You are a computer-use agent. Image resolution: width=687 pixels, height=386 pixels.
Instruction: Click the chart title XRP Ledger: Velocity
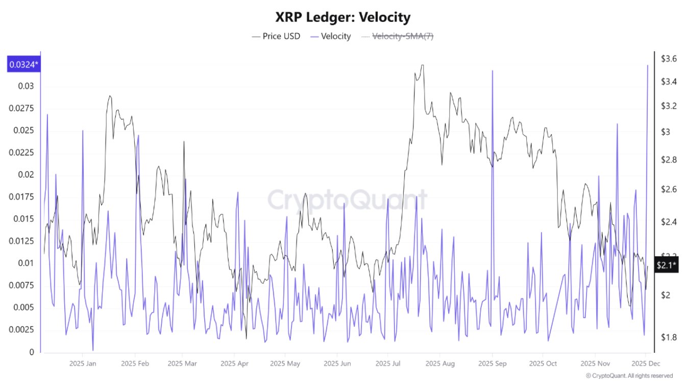click(x=343, y=17)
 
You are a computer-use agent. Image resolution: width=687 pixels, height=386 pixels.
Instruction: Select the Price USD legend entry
click(x=276, y=36)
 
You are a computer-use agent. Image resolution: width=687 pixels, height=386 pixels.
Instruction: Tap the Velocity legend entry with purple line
click(x=331, y=36)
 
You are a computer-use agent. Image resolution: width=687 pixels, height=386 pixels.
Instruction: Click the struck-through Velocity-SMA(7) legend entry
click(x=398, y=36)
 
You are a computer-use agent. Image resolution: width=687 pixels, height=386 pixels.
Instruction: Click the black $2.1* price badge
click(x=666, y=264)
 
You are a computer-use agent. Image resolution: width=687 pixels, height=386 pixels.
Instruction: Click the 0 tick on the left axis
click(x=32, y=352)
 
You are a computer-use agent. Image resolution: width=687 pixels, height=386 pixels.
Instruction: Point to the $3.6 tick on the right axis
click(x=669, y=59)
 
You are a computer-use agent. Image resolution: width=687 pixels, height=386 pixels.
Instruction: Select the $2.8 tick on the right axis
click(x=669, y=160)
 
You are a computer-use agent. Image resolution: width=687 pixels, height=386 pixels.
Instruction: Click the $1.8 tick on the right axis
click(x=669, y=337)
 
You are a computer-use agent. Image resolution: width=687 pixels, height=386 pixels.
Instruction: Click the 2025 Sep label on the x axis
click(x=492, y=364)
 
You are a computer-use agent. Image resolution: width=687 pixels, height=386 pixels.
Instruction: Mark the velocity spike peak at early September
click(x=493, y=71)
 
